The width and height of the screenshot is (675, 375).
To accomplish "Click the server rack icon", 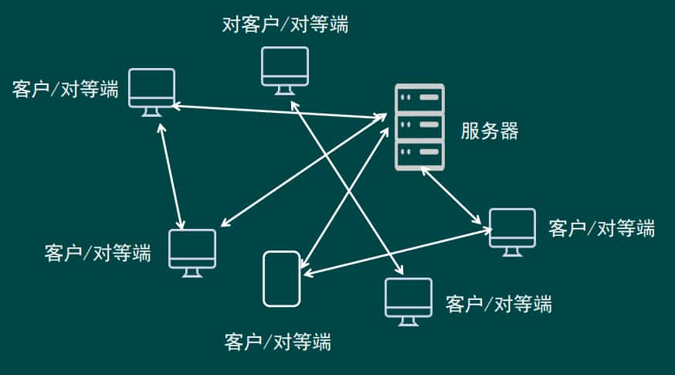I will pyautogui.click(x=419, y=127).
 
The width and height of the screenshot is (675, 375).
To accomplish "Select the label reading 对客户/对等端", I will pyautogui.click(x=285, y=25).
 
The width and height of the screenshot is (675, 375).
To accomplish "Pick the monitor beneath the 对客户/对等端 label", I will pyautogui.click(x=284, y=66).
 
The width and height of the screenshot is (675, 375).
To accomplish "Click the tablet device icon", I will pyautogui.click(x=281, y=278).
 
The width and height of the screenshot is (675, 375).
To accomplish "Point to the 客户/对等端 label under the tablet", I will pyautogui.click(x=277, y=341).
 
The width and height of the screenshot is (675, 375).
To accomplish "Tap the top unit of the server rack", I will pyautogui.click(x=419, y=98).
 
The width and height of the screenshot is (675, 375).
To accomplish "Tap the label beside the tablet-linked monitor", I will pyautogui.click(x=601, y=228).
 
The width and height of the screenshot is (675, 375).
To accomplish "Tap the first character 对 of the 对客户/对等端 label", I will pyautogui.click(x=231, y=25).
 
